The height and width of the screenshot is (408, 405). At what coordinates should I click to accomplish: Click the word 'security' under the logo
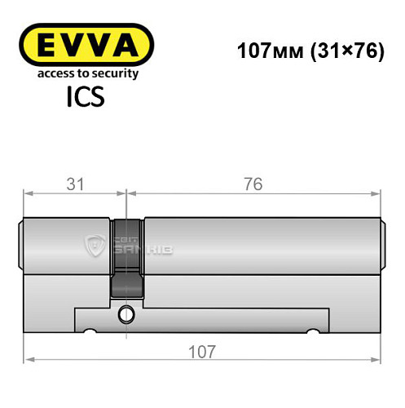point(117,74)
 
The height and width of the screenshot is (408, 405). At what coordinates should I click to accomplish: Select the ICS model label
point(86,98)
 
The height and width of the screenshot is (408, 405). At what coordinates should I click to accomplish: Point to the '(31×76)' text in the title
point(337,51)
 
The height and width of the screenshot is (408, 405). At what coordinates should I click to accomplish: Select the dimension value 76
point(253,184)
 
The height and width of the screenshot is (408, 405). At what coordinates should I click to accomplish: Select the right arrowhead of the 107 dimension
point(377,359)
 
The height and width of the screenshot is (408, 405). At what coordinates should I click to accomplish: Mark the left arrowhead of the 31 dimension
point(27,193)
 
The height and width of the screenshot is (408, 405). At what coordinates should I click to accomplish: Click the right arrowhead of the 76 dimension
point(377,193)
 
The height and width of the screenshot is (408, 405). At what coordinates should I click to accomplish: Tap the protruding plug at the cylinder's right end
point(382,246)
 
